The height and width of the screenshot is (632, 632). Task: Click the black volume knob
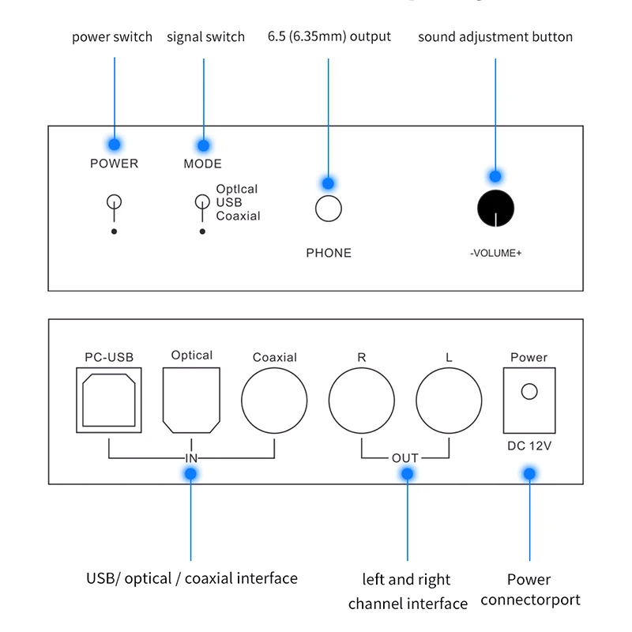(495, 209)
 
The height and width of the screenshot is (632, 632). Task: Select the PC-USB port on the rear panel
(109, 400)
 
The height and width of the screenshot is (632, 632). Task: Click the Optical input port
(191, 401)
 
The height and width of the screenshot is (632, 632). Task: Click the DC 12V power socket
(529, 401)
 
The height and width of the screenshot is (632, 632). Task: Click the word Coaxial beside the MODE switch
(239, 216)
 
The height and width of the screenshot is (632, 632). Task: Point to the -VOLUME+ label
(496, 253)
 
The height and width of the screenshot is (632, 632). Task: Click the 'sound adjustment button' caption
(495, 36)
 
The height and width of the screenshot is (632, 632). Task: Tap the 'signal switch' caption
(205, 36)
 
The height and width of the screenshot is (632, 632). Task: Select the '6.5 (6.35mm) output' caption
(329, 36)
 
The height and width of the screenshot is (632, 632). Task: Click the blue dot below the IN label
(190, 473)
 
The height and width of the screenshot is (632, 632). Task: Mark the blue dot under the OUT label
(407, 473)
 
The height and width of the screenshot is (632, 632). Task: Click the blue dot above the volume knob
(495, 176)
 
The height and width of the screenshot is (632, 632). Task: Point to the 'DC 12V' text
(529, 446)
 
